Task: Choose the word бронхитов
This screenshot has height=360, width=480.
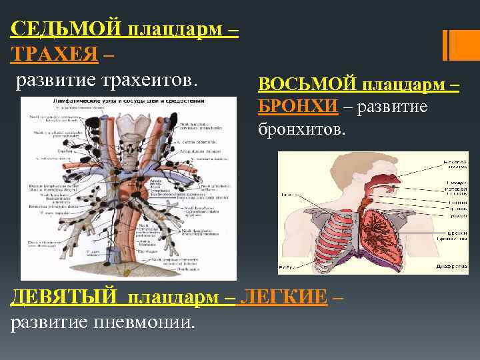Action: point(302,128)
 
